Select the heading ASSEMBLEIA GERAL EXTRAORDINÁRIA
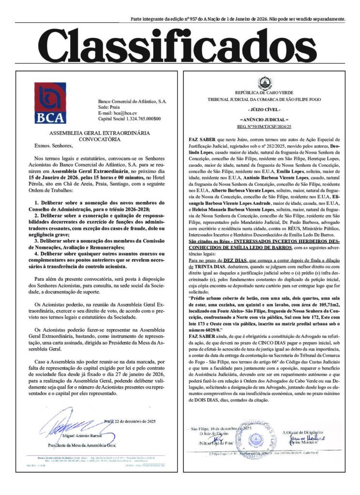click(99, 132)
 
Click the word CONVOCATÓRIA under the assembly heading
click(99, 139)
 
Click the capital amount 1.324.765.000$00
click(140, 118)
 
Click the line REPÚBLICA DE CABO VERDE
click(264, 92)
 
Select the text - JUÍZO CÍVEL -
click(264, 110)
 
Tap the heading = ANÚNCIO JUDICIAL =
click(264, 119)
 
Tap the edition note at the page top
click(238, 19)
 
